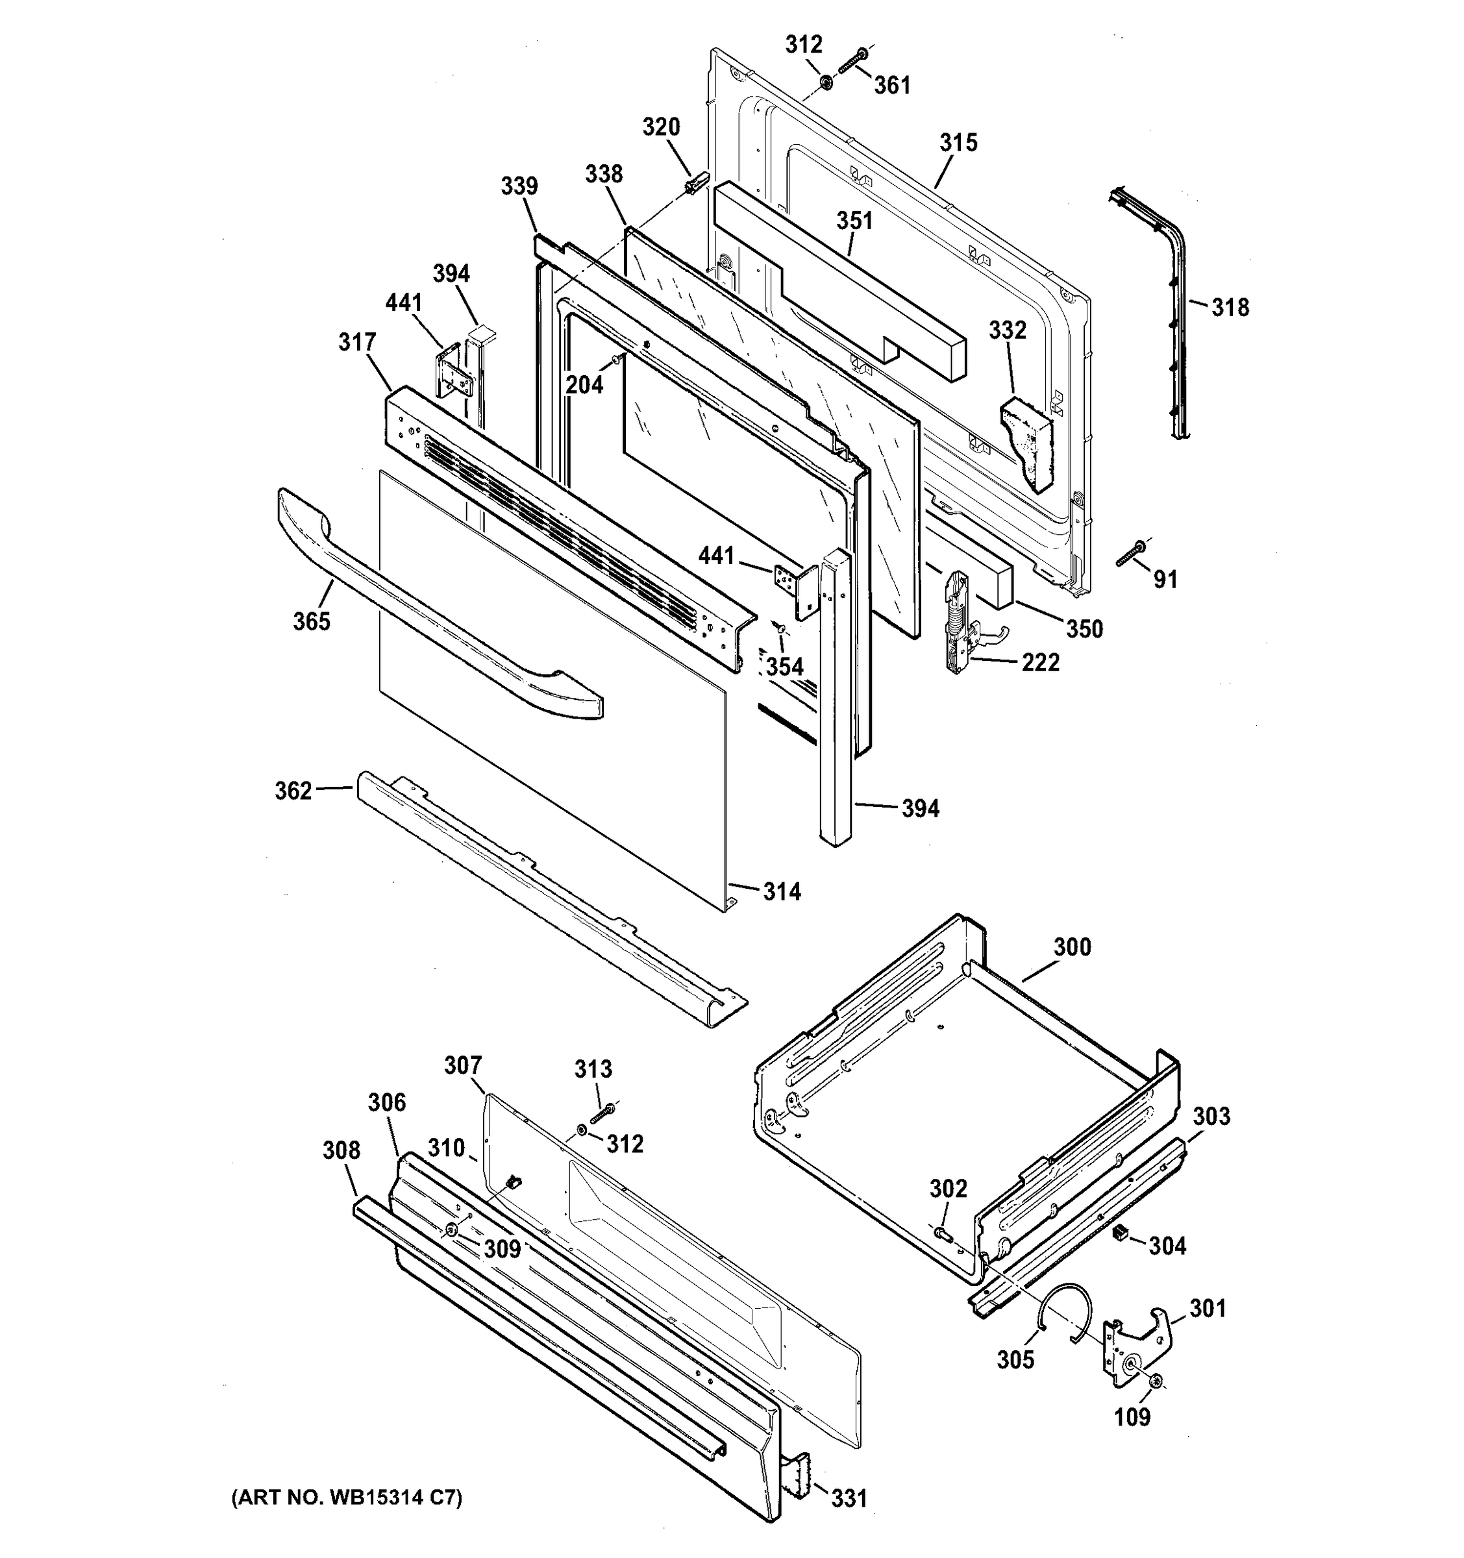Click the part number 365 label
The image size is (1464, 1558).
coord(311,621)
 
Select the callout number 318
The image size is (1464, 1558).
coord(1230,307)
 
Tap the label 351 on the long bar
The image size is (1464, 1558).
coord(854,221)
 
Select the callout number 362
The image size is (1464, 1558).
coord(293,791)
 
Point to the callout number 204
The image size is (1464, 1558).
coord(585,384)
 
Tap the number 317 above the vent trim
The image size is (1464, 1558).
coord(356,343)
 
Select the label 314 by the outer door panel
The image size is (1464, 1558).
coord(782,891)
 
